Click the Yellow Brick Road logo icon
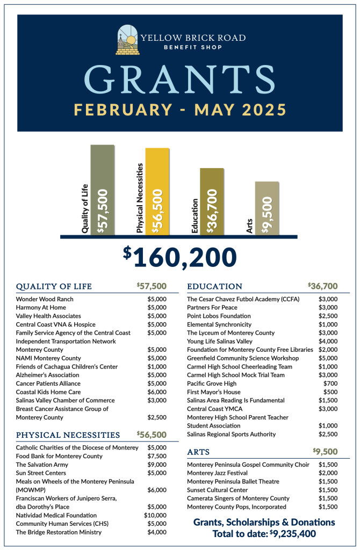click(x=127, y=40)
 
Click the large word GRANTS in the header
click(x=180, y=80)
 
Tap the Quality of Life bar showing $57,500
click(x=102, y=190)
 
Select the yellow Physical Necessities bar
click(x=157, y=192)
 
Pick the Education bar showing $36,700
click(x=212, y=202)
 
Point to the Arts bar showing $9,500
click(x=267, y=208)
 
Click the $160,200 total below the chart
click(x=179, y=257)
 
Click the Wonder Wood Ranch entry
click(x=45, y=299)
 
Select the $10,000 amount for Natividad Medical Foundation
click(x=156, y=515)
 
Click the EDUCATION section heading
click(x=215, y=286)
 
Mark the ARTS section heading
click(x=198, y=452)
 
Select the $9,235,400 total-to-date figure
click(x=292, y=534)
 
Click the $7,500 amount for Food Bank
click(x=157, y=456)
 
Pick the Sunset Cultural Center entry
click(x=217, y=490)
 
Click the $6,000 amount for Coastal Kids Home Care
click(x=157, y=392)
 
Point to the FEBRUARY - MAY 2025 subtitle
click(x=180, y=110)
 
